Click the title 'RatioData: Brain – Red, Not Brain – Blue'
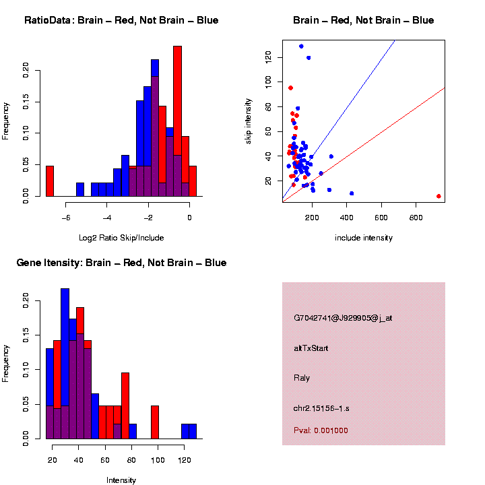pos(121,20)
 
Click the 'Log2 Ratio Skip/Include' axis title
pos(121,238)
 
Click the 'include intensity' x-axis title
pos(364,238)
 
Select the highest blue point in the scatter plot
pos(301,46)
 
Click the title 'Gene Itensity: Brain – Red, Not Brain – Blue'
pos(121,263)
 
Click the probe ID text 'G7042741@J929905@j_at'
pos(343,318)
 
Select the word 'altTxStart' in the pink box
pos(311,348)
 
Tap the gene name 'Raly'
pos(302,378)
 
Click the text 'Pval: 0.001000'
pos(321,430)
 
